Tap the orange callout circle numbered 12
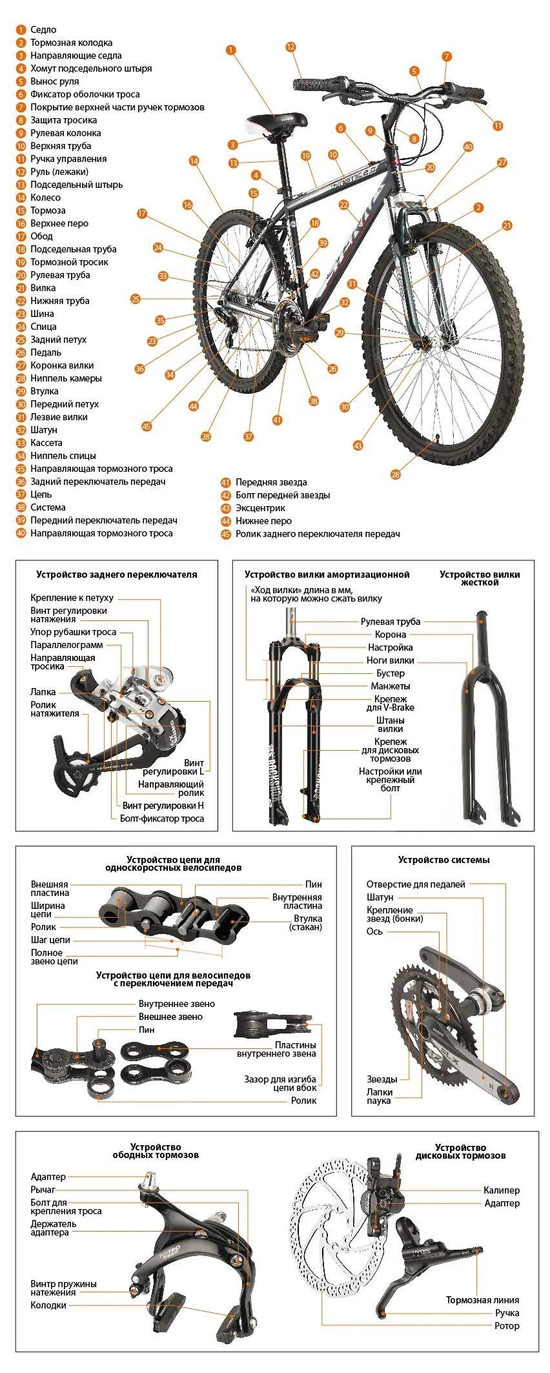[x=290, y=47]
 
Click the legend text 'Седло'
[x=43, y=30]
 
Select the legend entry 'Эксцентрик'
[x=260, y=508]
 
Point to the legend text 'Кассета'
[x=46, y=443]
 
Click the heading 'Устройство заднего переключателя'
[x=117, y=575]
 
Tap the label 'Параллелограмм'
[x=66, y=645]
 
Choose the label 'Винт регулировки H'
[x=163, y=806]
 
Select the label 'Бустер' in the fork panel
[x=391, y=673]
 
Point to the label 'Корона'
[x=391, y=635]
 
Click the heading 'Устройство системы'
[x=443, y=860]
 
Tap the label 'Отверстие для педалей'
[x=416, y=884]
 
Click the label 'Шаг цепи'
[x=50, y=940]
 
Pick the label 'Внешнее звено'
[x=170, y=1017]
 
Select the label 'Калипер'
[x=502, y=1190]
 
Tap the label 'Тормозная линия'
[x=483, y=1300]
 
